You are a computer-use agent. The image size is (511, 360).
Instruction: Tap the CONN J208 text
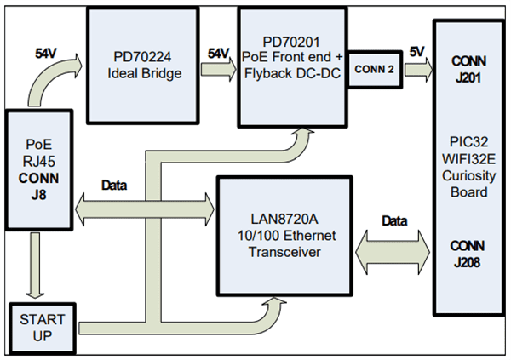[x=469, y=254]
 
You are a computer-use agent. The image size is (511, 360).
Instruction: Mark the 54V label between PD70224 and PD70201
[x=218, y=54]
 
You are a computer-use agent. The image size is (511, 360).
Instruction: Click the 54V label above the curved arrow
[x=48, y=53]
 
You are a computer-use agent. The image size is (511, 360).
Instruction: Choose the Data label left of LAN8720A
[x=116, y=184]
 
